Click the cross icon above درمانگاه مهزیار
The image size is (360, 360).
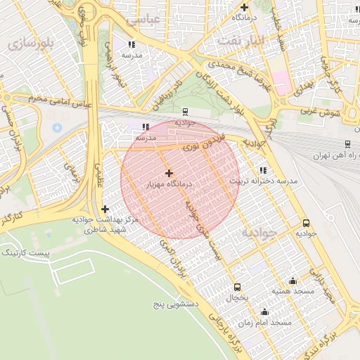[169, 173]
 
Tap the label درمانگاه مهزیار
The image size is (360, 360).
[169, 184]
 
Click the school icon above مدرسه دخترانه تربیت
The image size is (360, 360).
[263, 170]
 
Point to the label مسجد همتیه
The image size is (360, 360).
[293, 290]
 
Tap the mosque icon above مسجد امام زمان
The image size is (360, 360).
[265, 312]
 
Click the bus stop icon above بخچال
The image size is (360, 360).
[237, 288]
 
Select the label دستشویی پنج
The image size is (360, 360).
[177, 306]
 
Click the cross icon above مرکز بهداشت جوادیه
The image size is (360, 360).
[105, 209]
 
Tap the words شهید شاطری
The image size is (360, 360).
[104, 229]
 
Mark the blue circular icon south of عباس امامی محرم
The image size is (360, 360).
[56, 127]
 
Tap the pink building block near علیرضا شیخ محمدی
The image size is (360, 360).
[281, 80]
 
